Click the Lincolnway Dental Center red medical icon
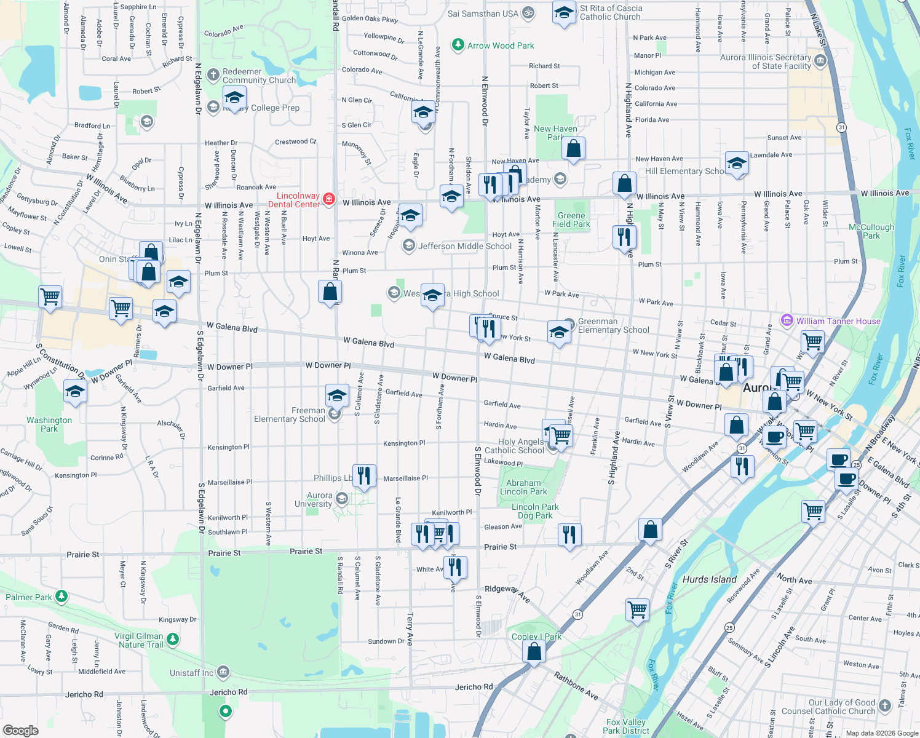329,199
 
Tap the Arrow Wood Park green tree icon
458,45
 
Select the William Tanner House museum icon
787,320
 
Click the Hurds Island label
709,579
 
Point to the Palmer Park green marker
61,596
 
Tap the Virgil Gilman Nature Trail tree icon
173,640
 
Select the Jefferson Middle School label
465,246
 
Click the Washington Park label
49,424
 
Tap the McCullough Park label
871,231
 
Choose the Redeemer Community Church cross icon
213,75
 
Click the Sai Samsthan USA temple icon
528,13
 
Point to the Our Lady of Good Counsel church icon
884,705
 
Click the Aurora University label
314,499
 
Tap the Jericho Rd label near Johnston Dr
84,694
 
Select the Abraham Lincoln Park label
523,487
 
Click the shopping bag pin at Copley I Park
534,651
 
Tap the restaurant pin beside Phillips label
364,475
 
